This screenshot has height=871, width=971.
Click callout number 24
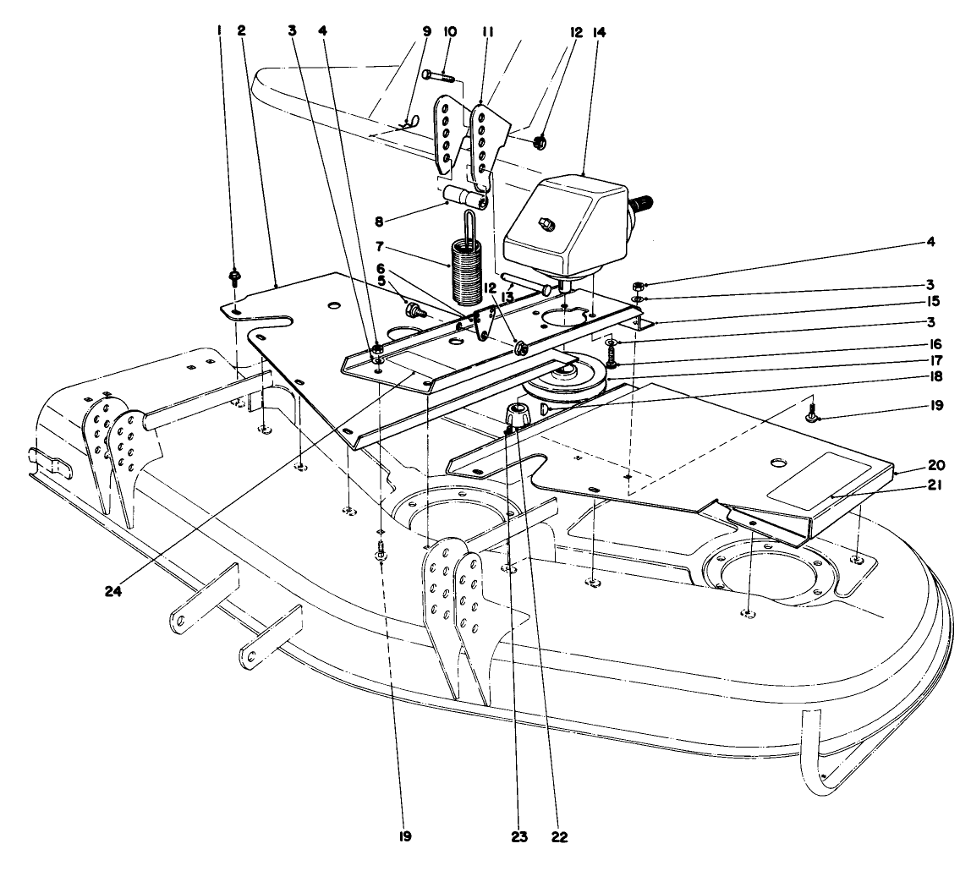pos(113,592)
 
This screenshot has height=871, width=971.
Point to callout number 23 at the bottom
pos(518,838)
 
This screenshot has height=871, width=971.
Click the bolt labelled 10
pos(436,76)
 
